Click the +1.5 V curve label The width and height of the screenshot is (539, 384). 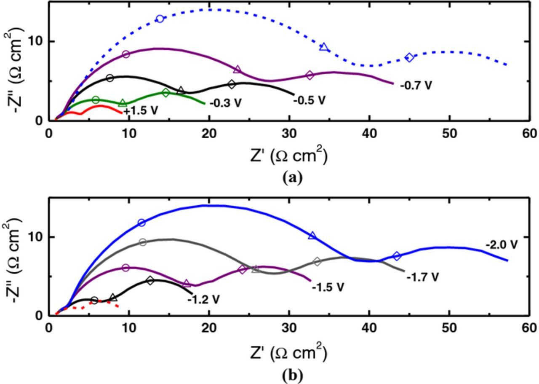coord(141,111)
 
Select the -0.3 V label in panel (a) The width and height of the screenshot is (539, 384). coord(225,103)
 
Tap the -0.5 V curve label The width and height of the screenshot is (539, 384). coord(310,100)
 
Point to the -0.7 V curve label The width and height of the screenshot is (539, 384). coord(416,86)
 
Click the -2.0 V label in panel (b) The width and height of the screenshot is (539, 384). coord(501,244)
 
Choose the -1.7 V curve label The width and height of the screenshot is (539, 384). coord(422,277)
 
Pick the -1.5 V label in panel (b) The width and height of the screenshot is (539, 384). coord(328,287)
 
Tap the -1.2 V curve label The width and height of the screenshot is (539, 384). coord(203,300)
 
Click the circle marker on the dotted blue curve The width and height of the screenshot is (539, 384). coord(160,19)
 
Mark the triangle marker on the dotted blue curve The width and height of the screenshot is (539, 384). coord(323,47)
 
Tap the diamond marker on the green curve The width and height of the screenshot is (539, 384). coord(166,93)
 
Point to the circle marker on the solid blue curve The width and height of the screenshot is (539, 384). coord(141,223)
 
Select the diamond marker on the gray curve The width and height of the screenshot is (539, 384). coord(317,262)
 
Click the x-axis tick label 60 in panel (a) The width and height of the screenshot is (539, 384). coord(529,134)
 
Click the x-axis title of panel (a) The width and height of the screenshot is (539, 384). coord(288,156)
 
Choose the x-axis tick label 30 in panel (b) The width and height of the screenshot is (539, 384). coord(289,328)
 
